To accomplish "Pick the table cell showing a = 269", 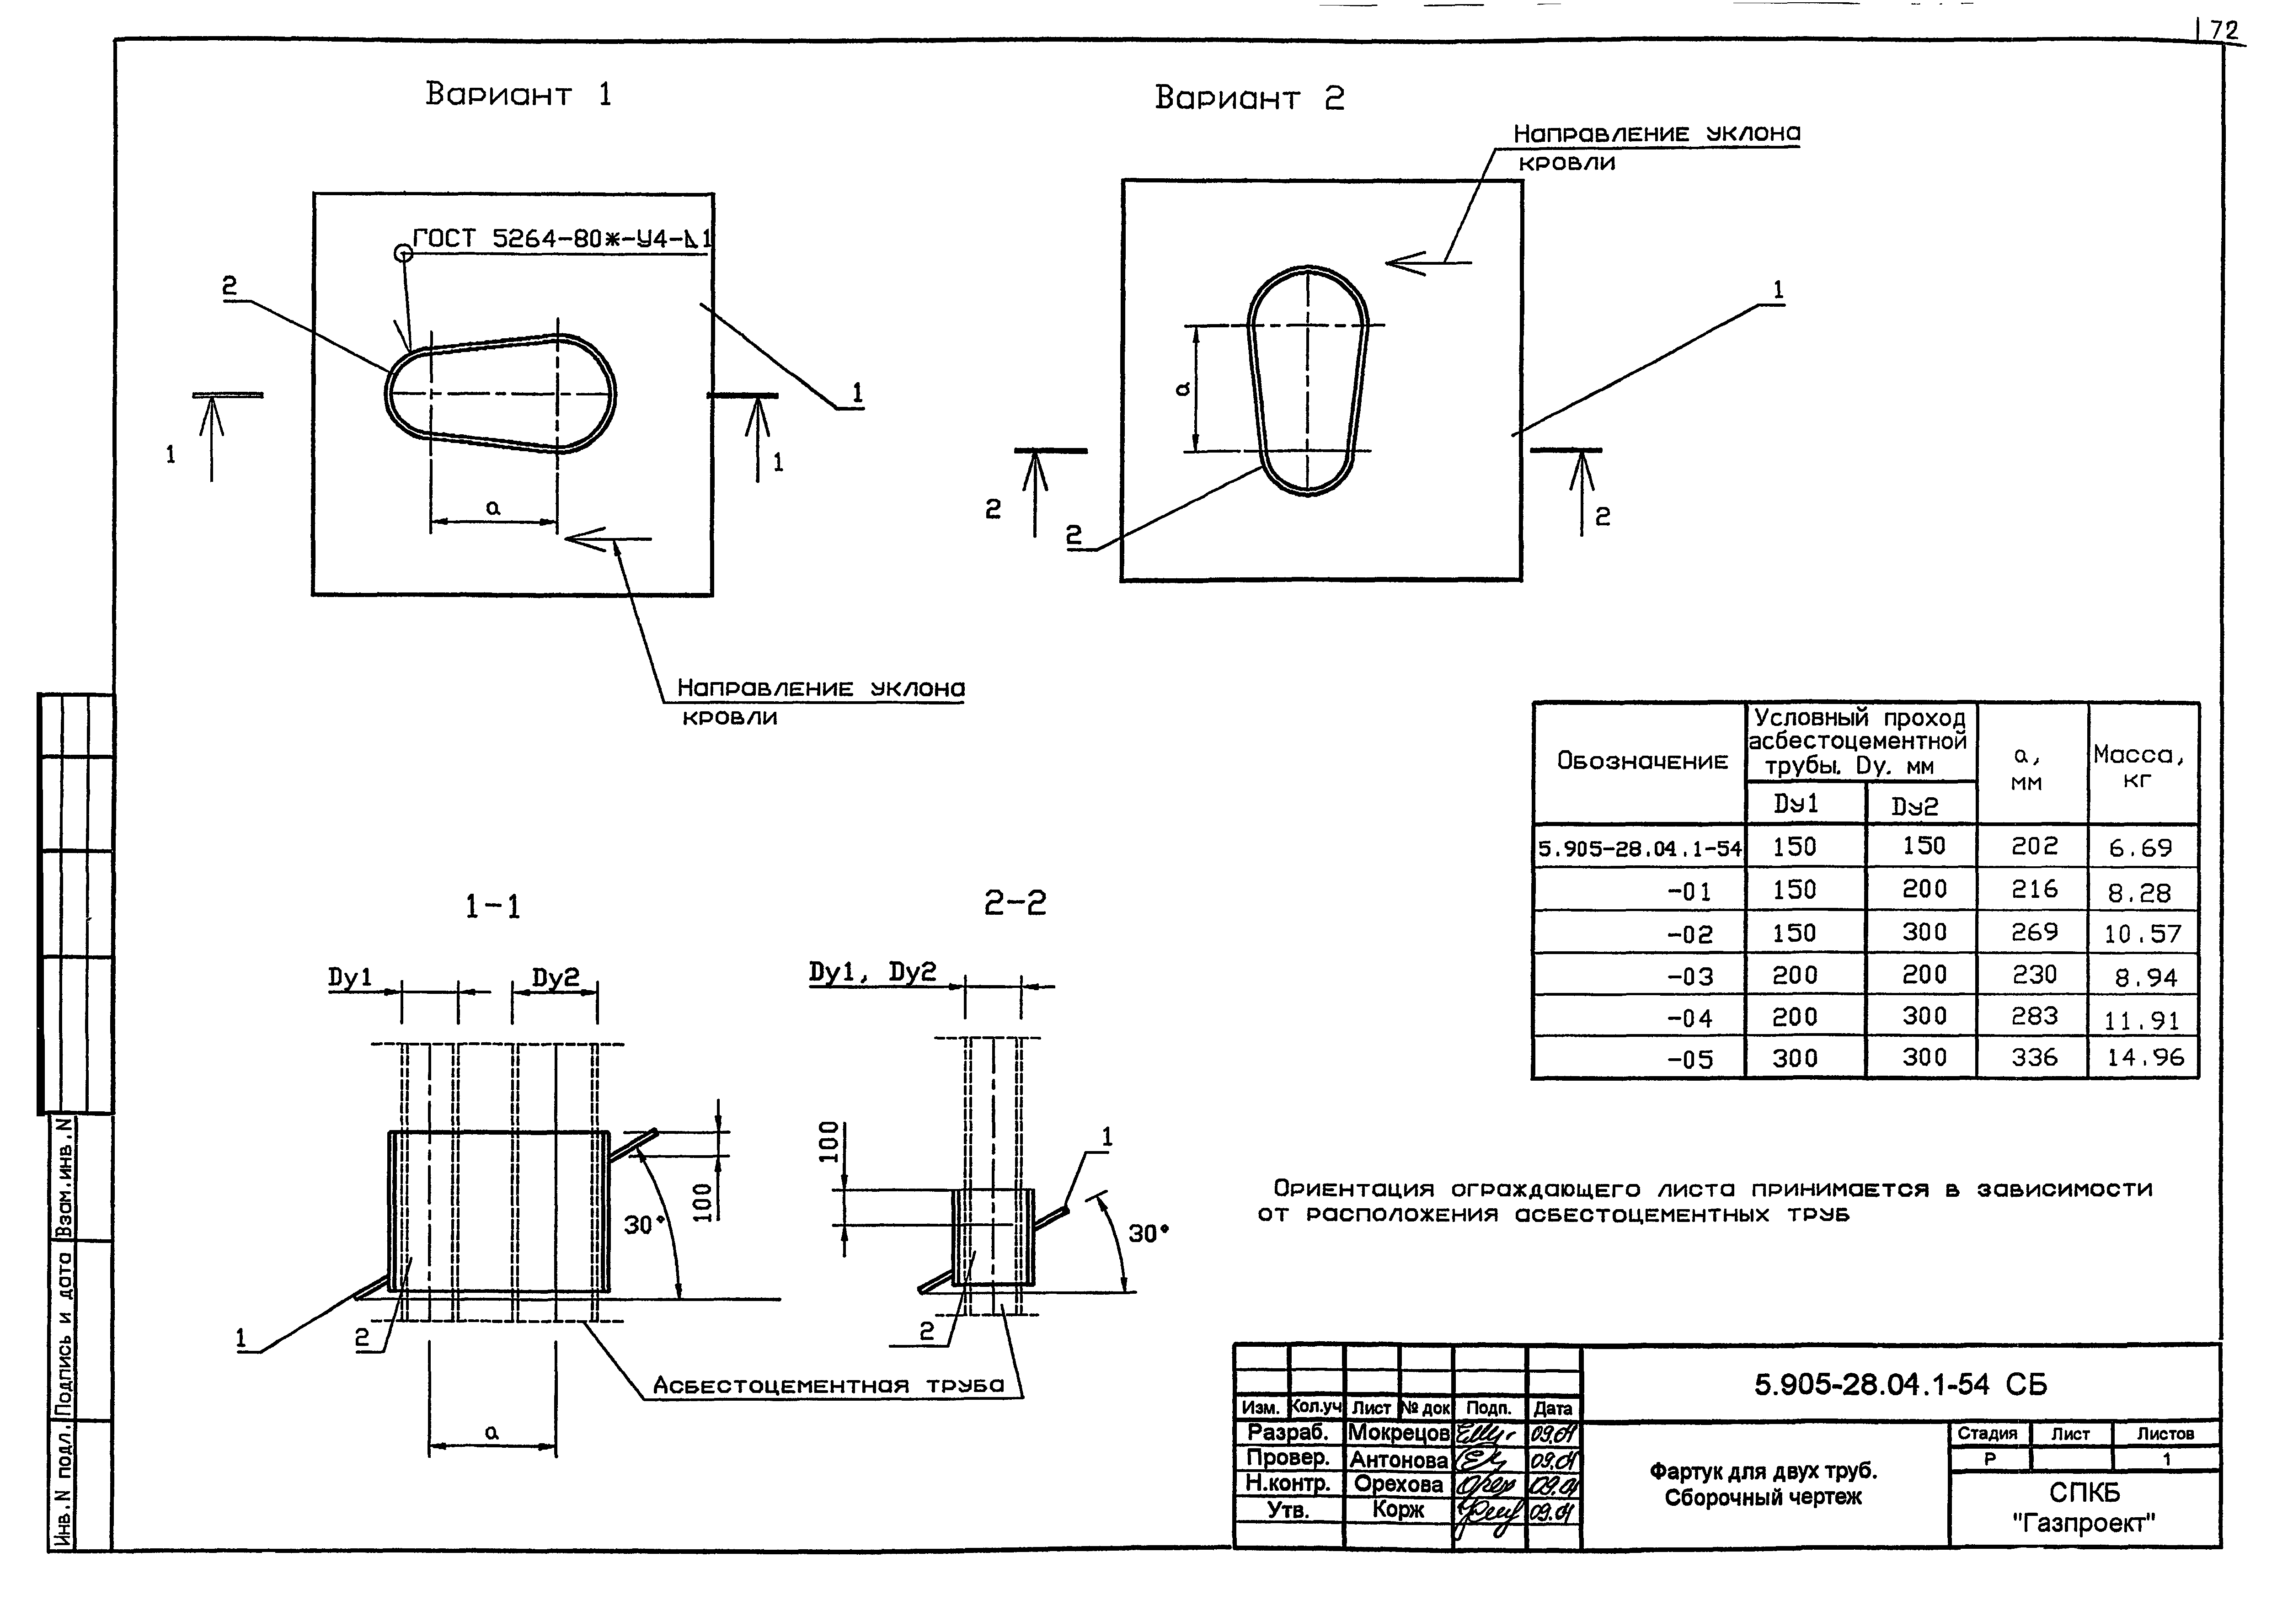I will coord(2033,933).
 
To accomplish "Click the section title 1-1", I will coord(492,907).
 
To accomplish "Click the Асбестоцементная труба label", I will coord(828,1385).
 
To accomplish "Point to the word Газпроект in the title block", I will coord(2083,1522).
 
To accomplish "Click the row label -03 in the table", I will coord(1690,976).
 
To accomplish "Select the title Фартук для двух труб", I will coord(1763,1471).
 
